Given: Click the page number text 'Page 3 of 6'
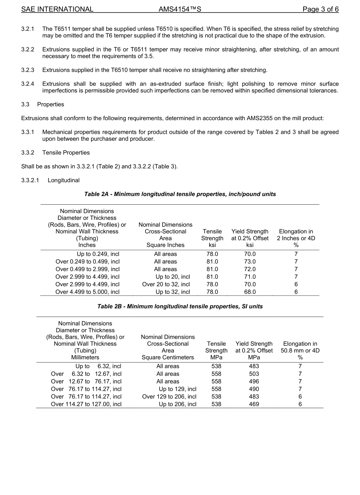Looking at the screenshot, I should [x=320, y=9].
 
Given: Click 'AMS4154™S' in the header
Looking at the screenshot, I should [x=180, y=9].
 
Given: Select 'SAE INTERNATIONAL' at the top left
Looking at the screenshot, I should [x=57, y=9].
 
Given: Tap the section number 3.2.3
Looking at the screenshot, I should [x=28, y=70].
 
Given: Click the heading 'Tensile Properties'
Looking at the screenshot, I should [x=66, y=153].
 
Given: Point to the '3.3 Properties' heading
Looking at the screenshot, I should [x=43, y=105].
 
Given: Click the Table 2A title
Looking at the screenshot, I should [x=180, y=194].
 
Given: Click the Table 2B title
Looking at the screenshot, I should [x=180, y=307].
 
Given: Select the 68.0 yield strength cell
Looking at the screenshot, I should [x=250, y=292].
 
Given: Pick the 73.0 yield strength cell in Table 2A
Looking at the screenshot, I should [x=250, y=262].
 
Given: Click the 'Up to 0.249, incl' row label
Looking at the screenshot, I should [x=98, y=254].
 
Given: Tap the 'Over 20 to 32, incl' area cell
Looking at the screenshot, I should [x=166, y=285].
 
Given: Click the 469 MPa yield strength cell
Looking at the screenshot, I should [x=254, y=404].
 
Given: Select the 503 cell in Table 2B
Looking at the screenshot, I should [x=254, y=374].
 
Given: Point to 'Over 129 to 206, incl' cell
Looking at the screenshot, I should [x=169, y=397].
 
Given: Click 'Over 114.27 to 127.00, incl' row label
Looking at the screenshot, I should [x=86, y=404].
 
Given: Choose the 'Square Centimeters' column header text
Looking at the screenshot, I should [x=167, y=357].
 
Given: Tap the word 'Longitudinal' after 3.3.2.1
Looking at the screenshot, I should [x=64, y=180].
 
